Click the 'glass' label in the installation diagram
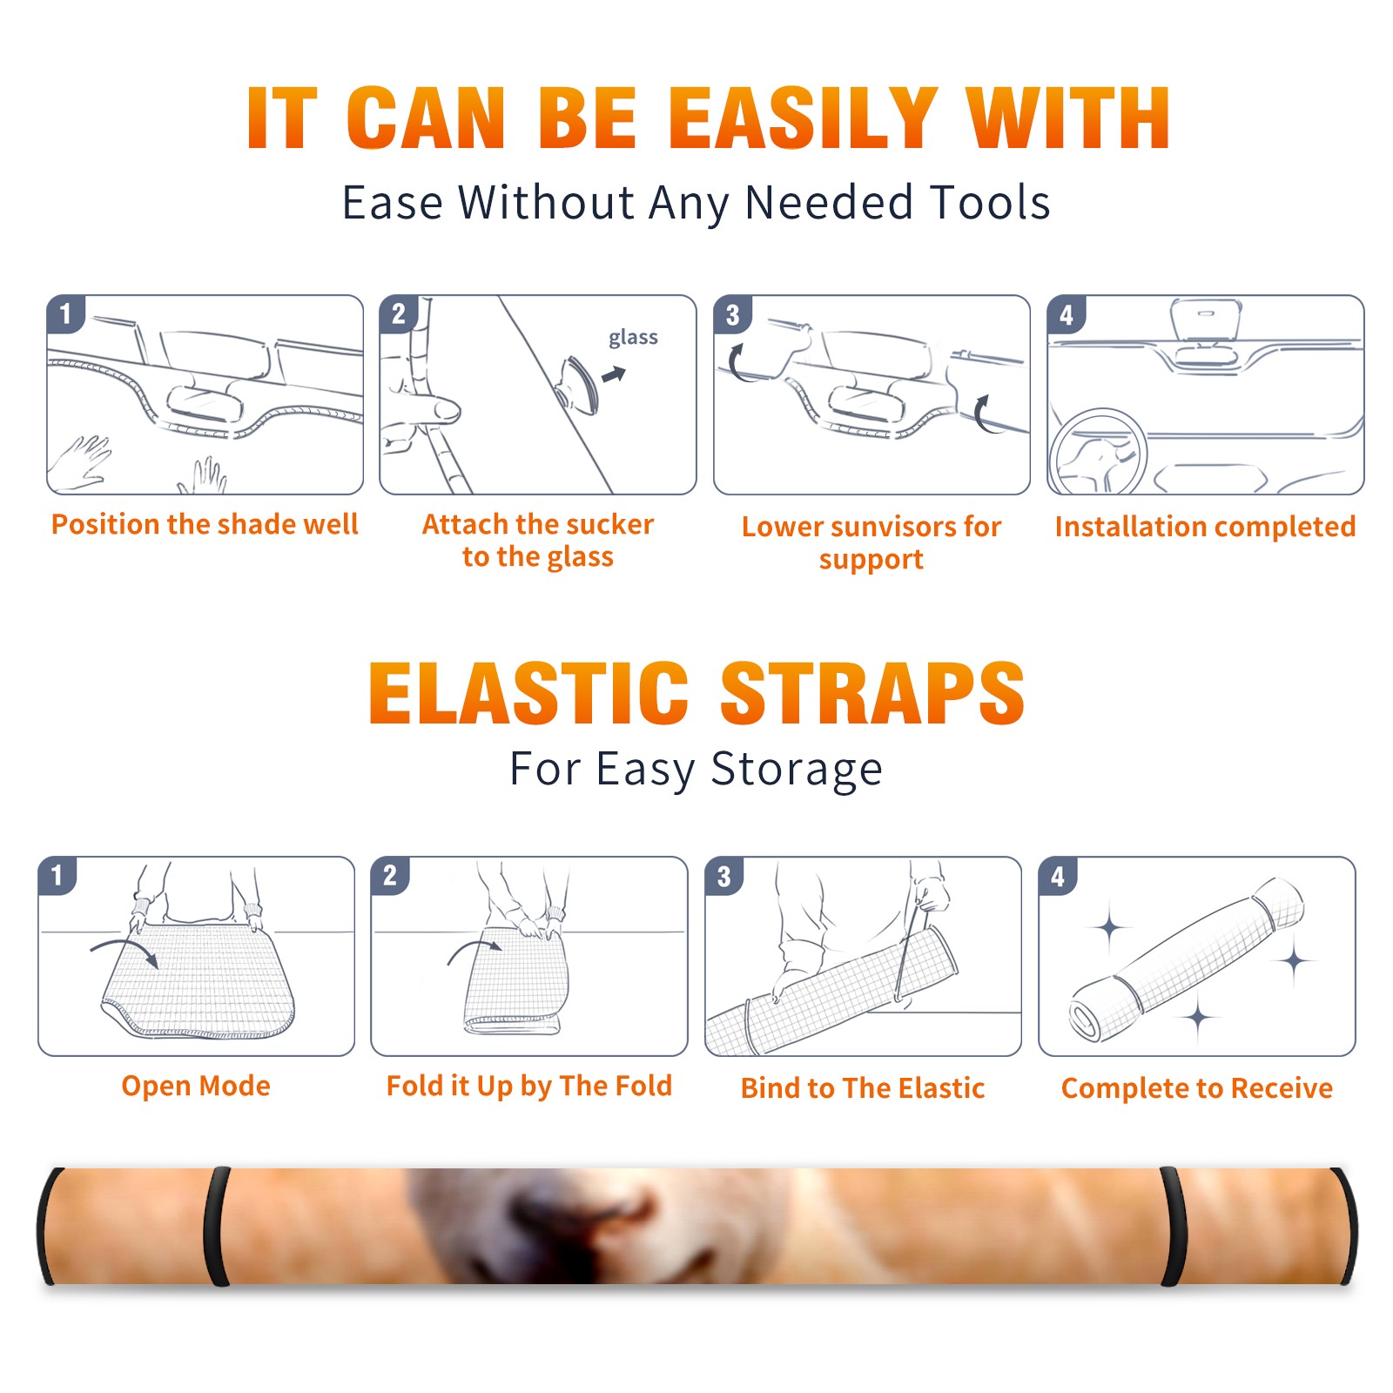(633, 338)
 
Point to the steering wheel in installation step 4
(1098, 453)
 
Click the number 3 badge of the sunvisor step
(732, 314)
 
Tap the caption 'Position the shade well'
(205, 524)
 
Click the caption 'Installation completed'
(1205, 526)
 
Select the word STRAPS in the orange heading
(872, 693)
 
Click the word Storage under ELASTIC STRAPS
(796, 770)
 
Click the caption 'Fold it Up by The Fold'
(529, 1086)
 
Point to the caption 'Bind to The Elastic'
(863, 1087)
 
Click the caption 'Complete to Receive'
(1197, 1087)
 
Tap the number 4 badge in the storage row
(1058, 876)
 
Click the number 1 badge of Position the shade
(65, 313)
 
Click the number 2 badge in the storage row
(389, 875)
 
